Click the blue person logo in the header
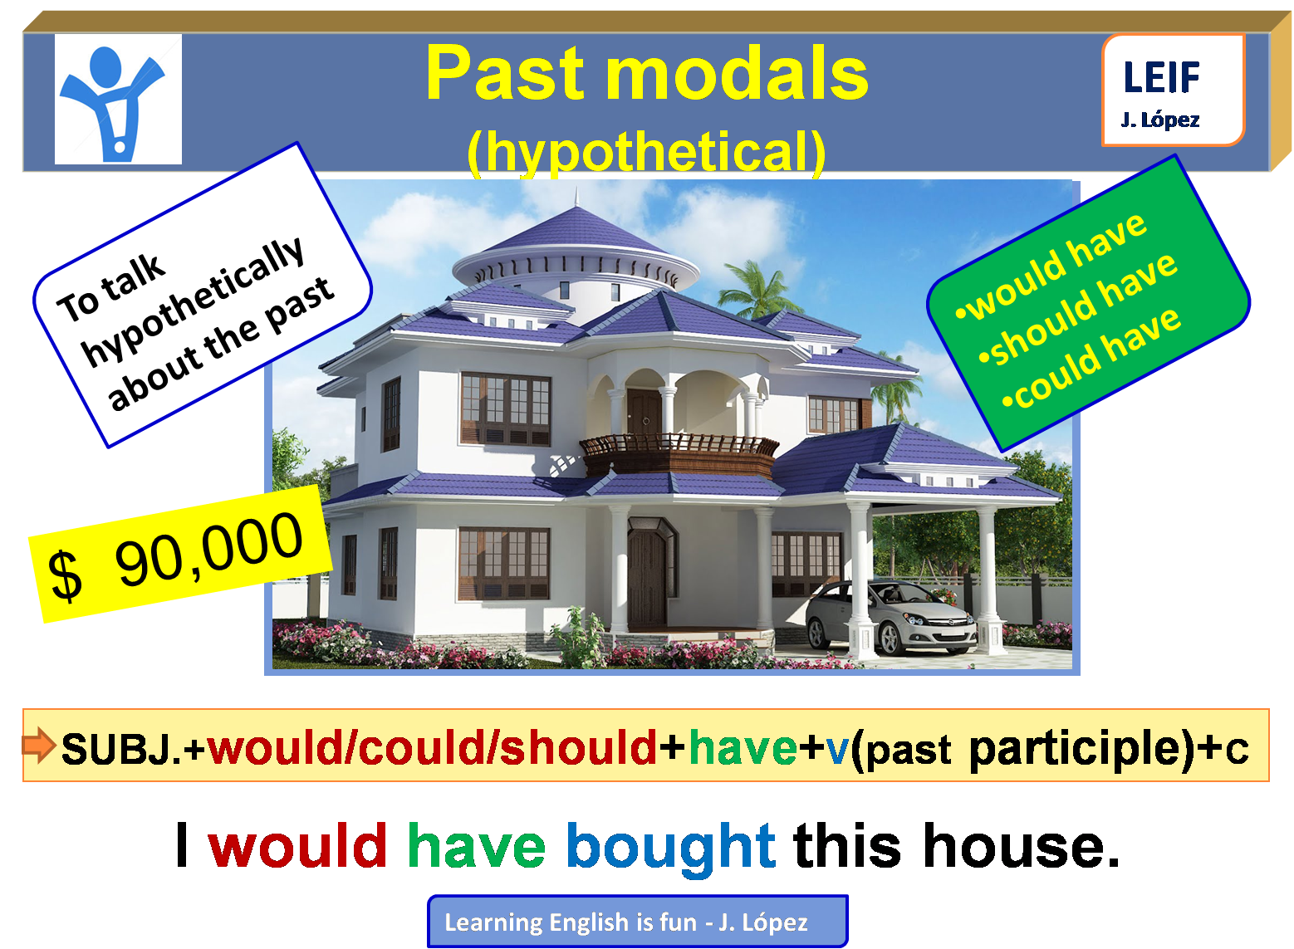pyautogui.click(x=117, y=100)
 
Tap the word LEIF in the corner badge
pyautogui.click(x=1161, y=78)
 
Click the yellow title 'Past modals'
pyautogui.click(x=646, y=74)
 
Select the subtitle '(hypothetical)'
pyautogui.click(x=646, y=152)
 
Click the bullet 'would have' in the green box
pyautogui.click(x=1053, y=265)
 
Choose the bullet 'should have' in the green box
pyautogui.click(x=1078, y=309)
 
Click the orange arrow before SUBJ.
pyautogui.click(x=38, y=745)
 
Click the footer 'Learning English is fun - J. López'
pyautogui.click(x=636, y=922)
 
